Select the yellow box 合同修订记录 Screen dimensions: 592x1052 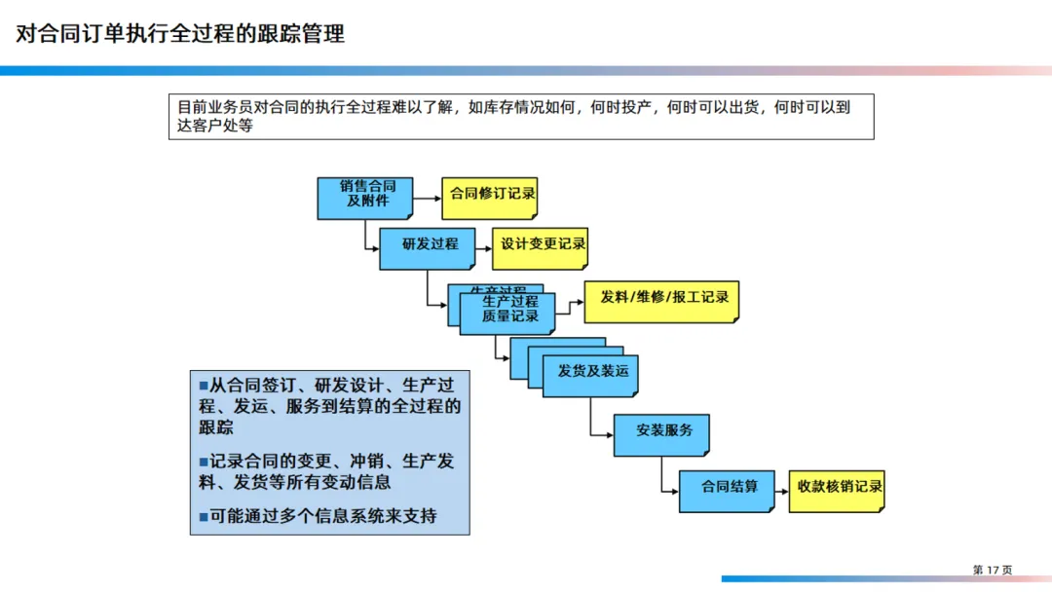pyautogui.click(x=489, y=197)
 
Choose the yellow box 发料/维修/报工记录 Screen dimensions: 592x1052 pyautogui.click(x=661, y=301)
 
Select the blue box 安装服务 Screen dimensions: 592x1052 pyautogui.click(x=661, y=434)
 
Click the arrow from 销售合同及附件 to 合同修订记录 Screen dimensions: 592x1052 pyautogui.click(x=427, y=198)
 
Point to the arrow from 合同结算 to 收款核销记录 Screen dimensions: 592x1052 pyautogui.click(x=781, y=490)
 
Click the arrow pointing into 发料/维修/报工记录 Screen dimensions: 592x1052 pyautogui.click(x=571, y=302)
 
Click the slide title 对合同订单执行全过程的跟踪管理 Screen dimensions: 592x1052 pyautogui.click(x=180, y=34)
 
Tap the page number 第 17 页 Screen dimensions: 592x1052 pyautogui.click(x=992, y=570)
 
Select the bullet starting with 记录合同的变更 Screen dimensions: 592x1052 pyautogui.click(x=326, y=471)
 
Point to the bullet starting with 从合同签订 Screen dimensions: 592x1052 pyautogui.click(x=329, y=405)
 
